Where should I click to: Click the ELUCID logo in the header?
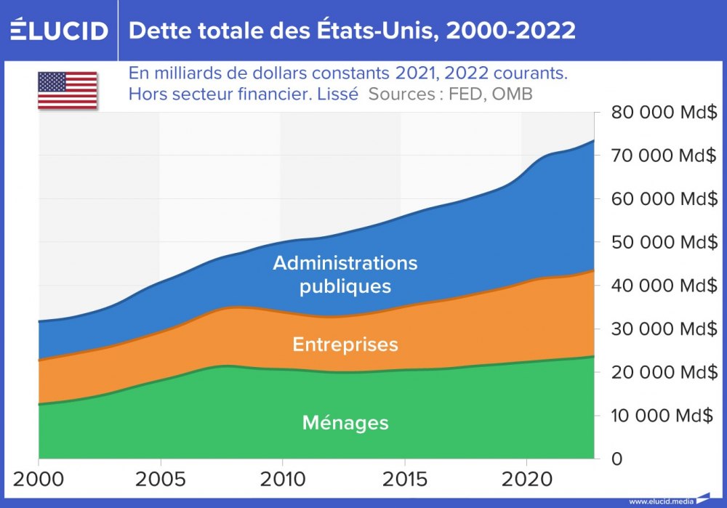click(59, 31)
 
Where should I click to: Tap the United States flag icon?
click(68, 90)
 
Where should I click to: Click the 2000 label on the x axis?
click(39, 480)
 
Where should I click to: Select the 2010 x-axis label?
click(281, 480)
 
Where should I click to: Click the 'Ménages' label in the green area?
click(345, 422)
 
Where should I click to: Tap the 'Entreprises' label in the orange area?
click(345, 344)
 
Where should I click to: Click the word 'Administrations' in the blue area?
click(345, 262)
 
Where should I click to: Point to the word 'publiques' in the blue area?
click(345, 286)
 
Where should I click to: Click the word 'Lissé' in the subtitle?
click(338, 94)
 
